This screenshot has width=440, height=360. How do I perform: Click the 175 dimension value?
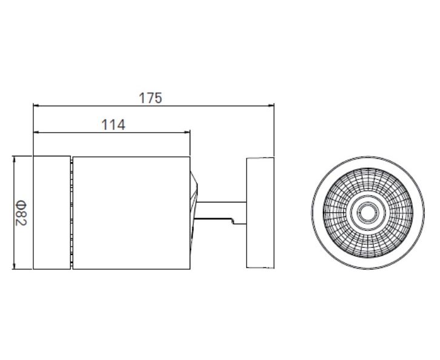click(150, 98)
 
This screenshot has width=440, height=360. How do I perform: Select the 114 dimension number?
click(113, 125)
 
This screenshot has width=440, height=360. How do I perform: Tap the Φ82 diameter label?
click(21, 213)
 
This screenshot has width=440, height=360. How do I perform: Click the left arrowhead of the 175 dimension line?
click(36, 106)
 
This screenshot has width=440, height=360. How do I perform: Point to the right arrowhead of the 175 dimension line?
click(272, 106)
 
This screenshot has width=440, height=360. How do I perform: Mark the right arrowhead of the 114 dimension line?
click(187, 132)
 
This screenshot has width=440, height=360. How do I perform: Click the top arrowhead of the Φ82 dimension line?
click(14, 159)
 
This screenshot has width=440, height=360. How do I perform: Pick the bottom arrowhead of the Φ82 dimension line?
click(14, 266)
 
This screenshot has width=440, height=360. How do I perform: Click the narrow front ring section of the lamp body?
click(52, 212)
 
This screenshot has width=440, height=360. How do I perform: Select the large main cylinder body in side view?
click(132, 213)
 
